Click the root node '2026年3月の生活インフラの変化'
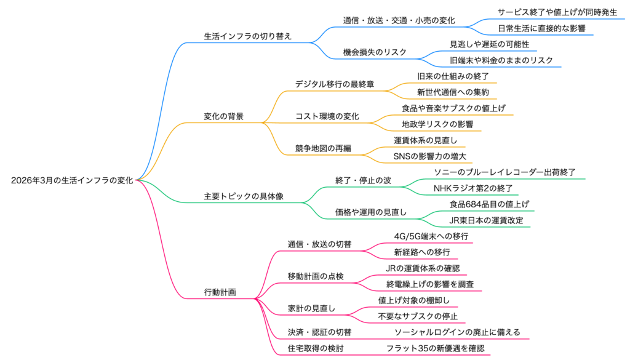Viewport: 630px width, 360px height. (72, 180)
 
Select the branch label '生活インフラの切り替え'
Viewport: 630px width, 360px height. (247, 36)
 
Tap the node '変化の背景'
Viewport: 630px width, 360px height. (223, 116)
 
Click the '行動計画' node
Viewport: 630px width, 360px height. (220, 292)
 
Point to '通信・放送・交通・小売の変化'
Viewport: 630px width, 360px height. (399, 20)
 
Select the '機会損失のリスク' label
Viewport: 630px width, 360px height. (375, 52)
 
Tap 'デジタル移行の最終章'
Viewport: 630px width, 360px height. (334, 84)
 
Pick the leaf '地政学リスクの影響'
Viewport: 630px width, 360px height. (433, 124)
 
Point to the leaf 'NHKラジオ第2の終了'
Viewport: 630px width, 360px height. (472, 188)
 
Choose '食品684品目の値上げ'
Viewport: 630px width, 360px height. (489, 204)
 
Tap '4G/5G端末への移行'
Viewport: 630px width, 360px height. (431, 236)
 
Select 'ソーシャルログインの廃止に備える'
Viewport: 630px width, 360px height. (457, 332)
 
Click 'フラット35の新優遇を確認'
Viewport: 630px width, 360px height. (435, 348)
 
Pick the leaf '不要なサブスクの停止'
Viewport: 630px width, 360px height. (417, 316)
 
